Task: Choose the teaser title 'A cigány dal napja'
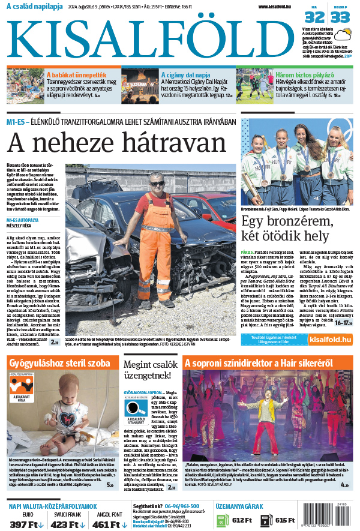pyautogui.click(x=184, y=76)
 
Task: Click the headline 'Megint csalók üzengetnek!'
pyautogui.click(x=150, y=370)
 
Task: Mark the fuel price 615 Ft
pyautogui.click(x=284, y=520)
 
